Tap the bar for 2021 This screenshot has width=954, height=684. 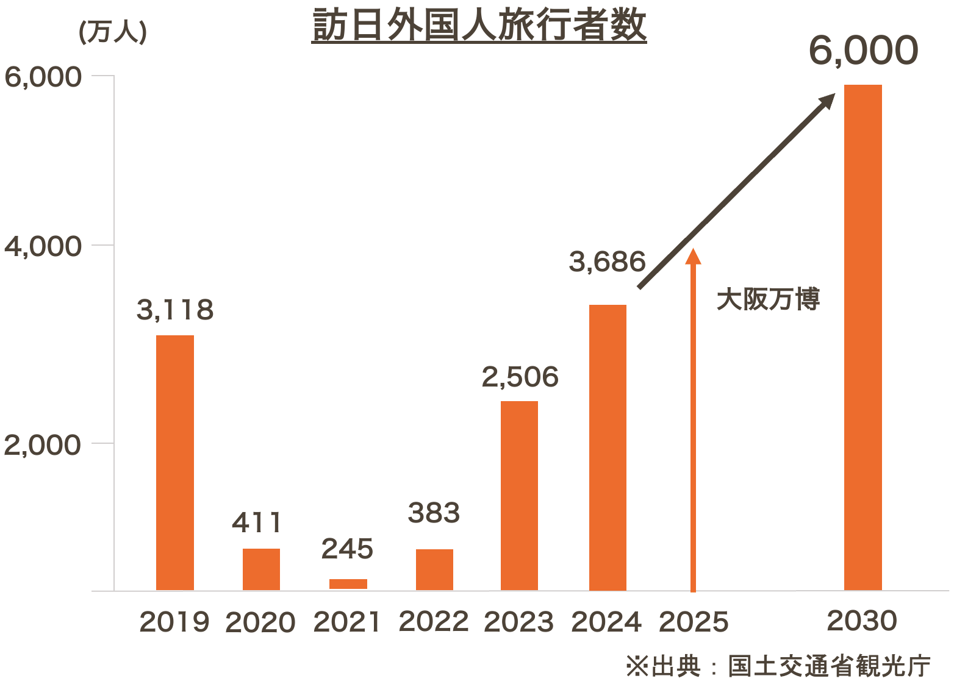(x=348, y=583)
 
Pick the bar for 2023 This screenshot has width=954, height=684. (x=519, y=495)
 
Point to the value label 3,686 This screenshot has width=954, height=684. (x=607, y=262)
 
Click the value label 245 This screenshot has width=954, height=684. (x=347, y=549)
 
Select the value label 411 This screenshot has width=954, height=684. (x=257, y=522)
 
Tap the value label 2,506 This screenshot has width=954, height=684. (x=520, y=377)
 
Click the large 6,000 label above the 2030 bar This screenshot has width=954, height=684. (x=863, y=51)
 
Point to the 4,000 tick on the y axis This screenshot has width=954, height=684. (x=43, y=246)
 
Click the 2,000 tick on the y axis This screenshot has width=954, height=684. (x=43, y=444)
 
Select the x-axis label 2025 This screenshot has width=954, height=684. (x=694, y=622)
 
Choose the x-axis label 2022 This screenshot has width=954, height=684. (x=434, y=622)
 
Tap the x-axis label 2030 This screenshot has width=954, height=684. (x=862, y=621)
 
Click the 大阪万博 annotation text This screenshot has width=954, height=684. (x=768, y=299)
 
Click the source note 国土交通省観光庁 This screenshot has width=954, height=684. (x=829, y=666)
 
